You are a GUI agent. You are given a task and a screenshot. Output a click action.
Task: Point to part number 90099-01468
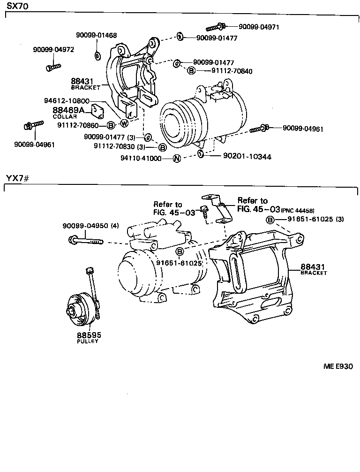[x=97, y=35]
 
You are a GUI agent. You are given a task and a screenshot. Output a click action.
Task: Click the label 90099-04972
[x=53, y=50]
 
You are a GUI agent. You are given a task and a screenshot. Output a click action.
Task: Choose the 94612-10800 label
[x=67, y=101]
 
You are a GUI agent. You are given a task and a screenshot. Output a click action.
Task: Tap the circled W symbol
[x=124, y=123]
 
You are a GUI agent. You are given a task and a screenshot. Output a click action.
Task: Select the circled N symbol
[x=177, y=159]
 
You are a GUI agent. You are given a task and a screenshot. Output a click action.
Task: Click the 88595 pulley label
[x=89, y=335]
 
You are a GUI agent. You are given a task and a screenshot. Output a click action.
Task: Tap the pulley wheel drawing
[x=78, y=310]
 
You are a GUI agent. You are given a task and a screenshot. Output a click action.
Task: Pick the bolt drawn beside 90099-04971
[x=217, y=26]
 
